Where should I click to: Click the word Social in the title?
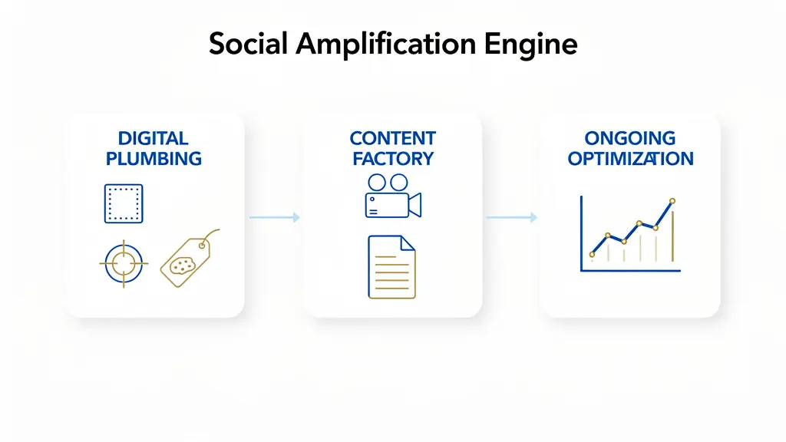point(249,44)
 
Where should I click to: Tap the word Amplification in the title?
point(387,45)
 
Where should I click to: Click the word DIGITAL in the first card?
point(154,139)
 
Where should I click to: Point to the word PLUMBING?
point(154,159)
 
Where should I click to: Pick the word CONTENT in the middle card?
point(392,139)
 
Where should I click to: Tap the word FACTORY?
point(392,159)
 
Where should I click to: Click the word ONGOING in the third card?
point(629,139)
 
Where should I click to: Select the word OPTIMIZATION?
point(630,159)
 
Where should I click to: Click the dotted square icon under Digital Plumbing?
point(124,203)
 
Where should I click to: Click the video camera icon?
point(391,196)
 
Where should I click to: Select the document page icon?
point(391,266)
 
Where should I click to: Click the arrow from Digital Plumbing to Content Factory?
point(274,218)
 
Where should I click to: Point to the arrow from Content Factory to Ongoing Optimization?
point(511,218)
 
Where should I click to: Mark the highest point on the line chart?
point(672,201)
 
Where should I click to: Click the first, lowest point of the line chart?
point(592,254)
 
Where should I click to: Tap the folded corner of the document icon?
point(408,242)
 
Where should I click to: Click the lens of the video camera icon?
point(414,205)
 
